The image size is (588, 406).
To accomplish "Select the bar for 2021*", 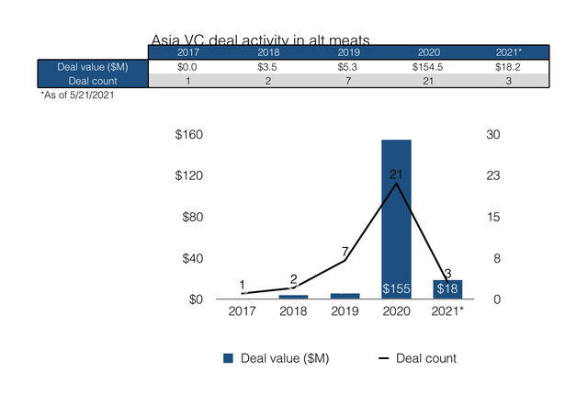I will (x=447, y=289).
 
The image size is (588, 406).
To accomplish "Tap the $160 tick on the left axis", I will (x=189, y=135).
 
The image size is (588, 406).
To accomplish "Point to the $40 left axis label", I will (x=192, y=258).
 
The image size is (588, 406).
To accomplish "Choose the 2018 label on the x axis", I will (x=293, y=312).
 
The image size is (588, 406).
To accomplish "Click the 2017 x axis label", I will (x=242, y=312).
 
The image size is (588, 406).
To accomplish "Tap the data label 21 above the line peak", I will (x=396, y=174).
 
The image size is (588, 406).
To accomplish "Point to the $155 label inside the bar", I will (x=396, y=289).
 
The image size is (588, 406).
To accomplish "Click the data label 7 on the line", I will (x=345, y=252).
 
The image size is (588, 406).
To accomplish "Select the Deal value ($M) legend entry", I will (x=277, y=358).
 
